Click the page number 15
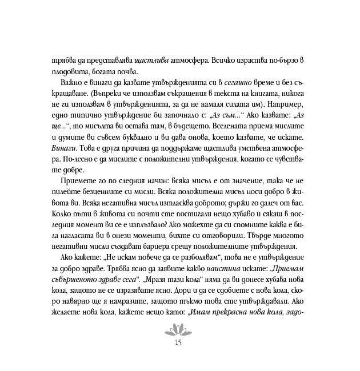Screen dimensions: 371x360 180,343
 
